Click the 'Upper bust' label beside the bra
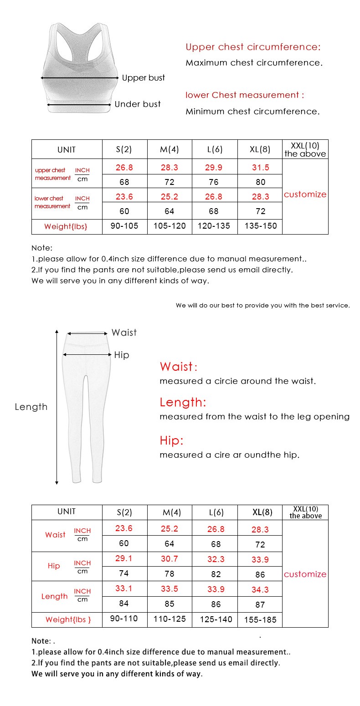click(x=143, y=78)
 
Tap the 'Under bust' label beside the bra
click(x=137, y=104)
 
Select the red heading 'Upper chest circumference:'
click(x=253, y=47)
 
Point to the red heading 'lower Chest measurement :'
click(x=244, y=95)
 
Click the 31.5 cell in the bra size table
click(x=260, y=167)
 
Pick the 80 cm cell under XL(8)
click(x=260, y=182)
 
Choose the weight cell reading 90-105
click(x=124, y=226)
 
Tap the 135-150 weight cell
click(x=260, y=226)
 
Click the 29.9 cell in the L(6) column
click(x=214, y=167)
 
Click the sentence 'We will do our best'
click(x=262, y=305)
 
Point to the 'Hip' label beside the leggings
click(x=122, y=355)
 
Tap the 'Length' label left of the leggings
click(x=31, y=407)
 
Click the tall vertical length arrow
click(x=57, y=406)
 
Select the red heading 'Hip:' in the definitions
click(x=171, y=440)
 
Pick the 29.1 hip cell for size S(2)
click(x=124, y=558)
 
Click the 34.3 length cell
click(x=260, y=589)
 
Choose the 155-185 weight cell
click(x=260, y=619)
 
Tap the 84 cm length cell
click(x=124, y=604)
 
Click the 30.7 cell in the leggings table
click(x=170, y=558)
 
